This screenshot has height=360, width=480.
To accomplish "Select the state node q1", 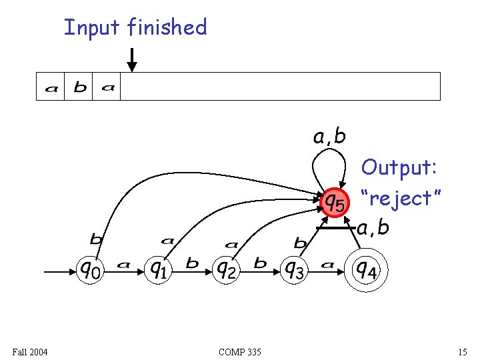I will coord(158,270).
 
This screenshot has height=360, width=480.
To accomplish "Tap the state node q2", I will coord(227,270).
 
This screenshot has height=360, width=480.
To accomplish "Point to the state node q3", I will coord(295,270).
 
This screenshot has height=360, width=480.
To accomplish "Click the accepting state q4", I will coord(365,270).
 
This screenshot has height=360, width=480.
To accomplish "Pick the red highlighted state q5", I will coord(333,201).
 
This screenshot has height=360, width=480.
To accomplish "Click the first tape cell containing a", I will coord(51,87).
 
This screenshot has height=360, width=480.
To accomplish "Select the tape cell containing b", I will coord(80,87).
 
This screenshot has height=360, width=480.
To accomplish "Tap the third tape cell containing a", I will coord(108,87).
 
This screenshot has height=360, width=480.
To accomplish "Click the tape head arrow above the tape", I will coord(132,60).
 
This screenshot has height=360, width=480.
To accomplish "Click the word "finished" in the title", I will coord(167,27).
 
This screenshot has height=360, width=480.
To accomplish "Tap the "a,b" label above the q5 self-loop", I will coord(329,137).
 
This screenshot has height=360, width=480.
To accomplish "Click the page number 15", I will coord(463,352).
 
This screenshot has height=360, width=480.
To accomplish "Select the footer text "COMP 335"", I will coord(239,352).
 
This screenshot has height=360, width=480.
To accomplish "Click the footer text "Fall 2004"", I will coord(30,352).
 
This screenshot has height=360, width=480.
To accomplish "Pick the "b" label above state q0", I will coord(96,239).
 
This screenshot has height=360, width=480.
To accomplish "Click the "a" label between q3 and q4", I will coord(327,265).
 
